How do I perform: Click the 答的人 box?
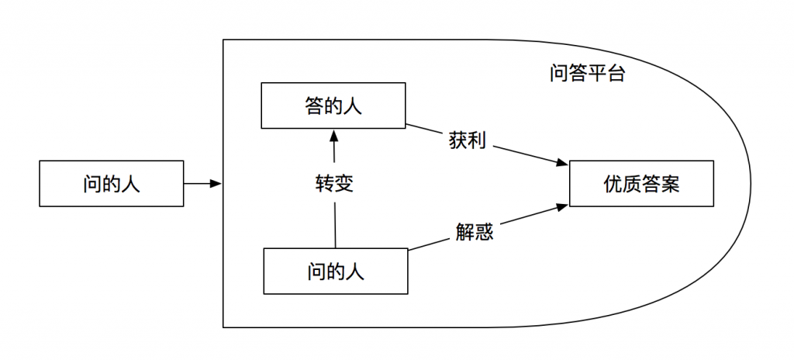(x=333, y=106)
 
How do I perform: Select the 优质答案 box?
(x=641, y=184)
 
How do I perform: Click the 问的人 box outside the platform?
(x=112, y=184)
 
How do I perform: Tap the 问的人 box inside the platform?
(x=335, y=272)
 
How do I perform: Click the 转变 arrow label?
(x=334, y=184)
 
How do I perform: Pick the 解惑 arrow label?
(x=474, y=232)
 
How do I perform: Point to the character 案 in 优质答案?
(x=670, y=184)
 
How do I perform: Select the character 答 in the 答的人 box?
(x=315, y=106)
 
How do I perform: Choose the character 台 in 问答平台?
(x=616, y=74)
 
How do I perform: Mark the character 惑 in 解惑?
(x=484, y=232)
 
